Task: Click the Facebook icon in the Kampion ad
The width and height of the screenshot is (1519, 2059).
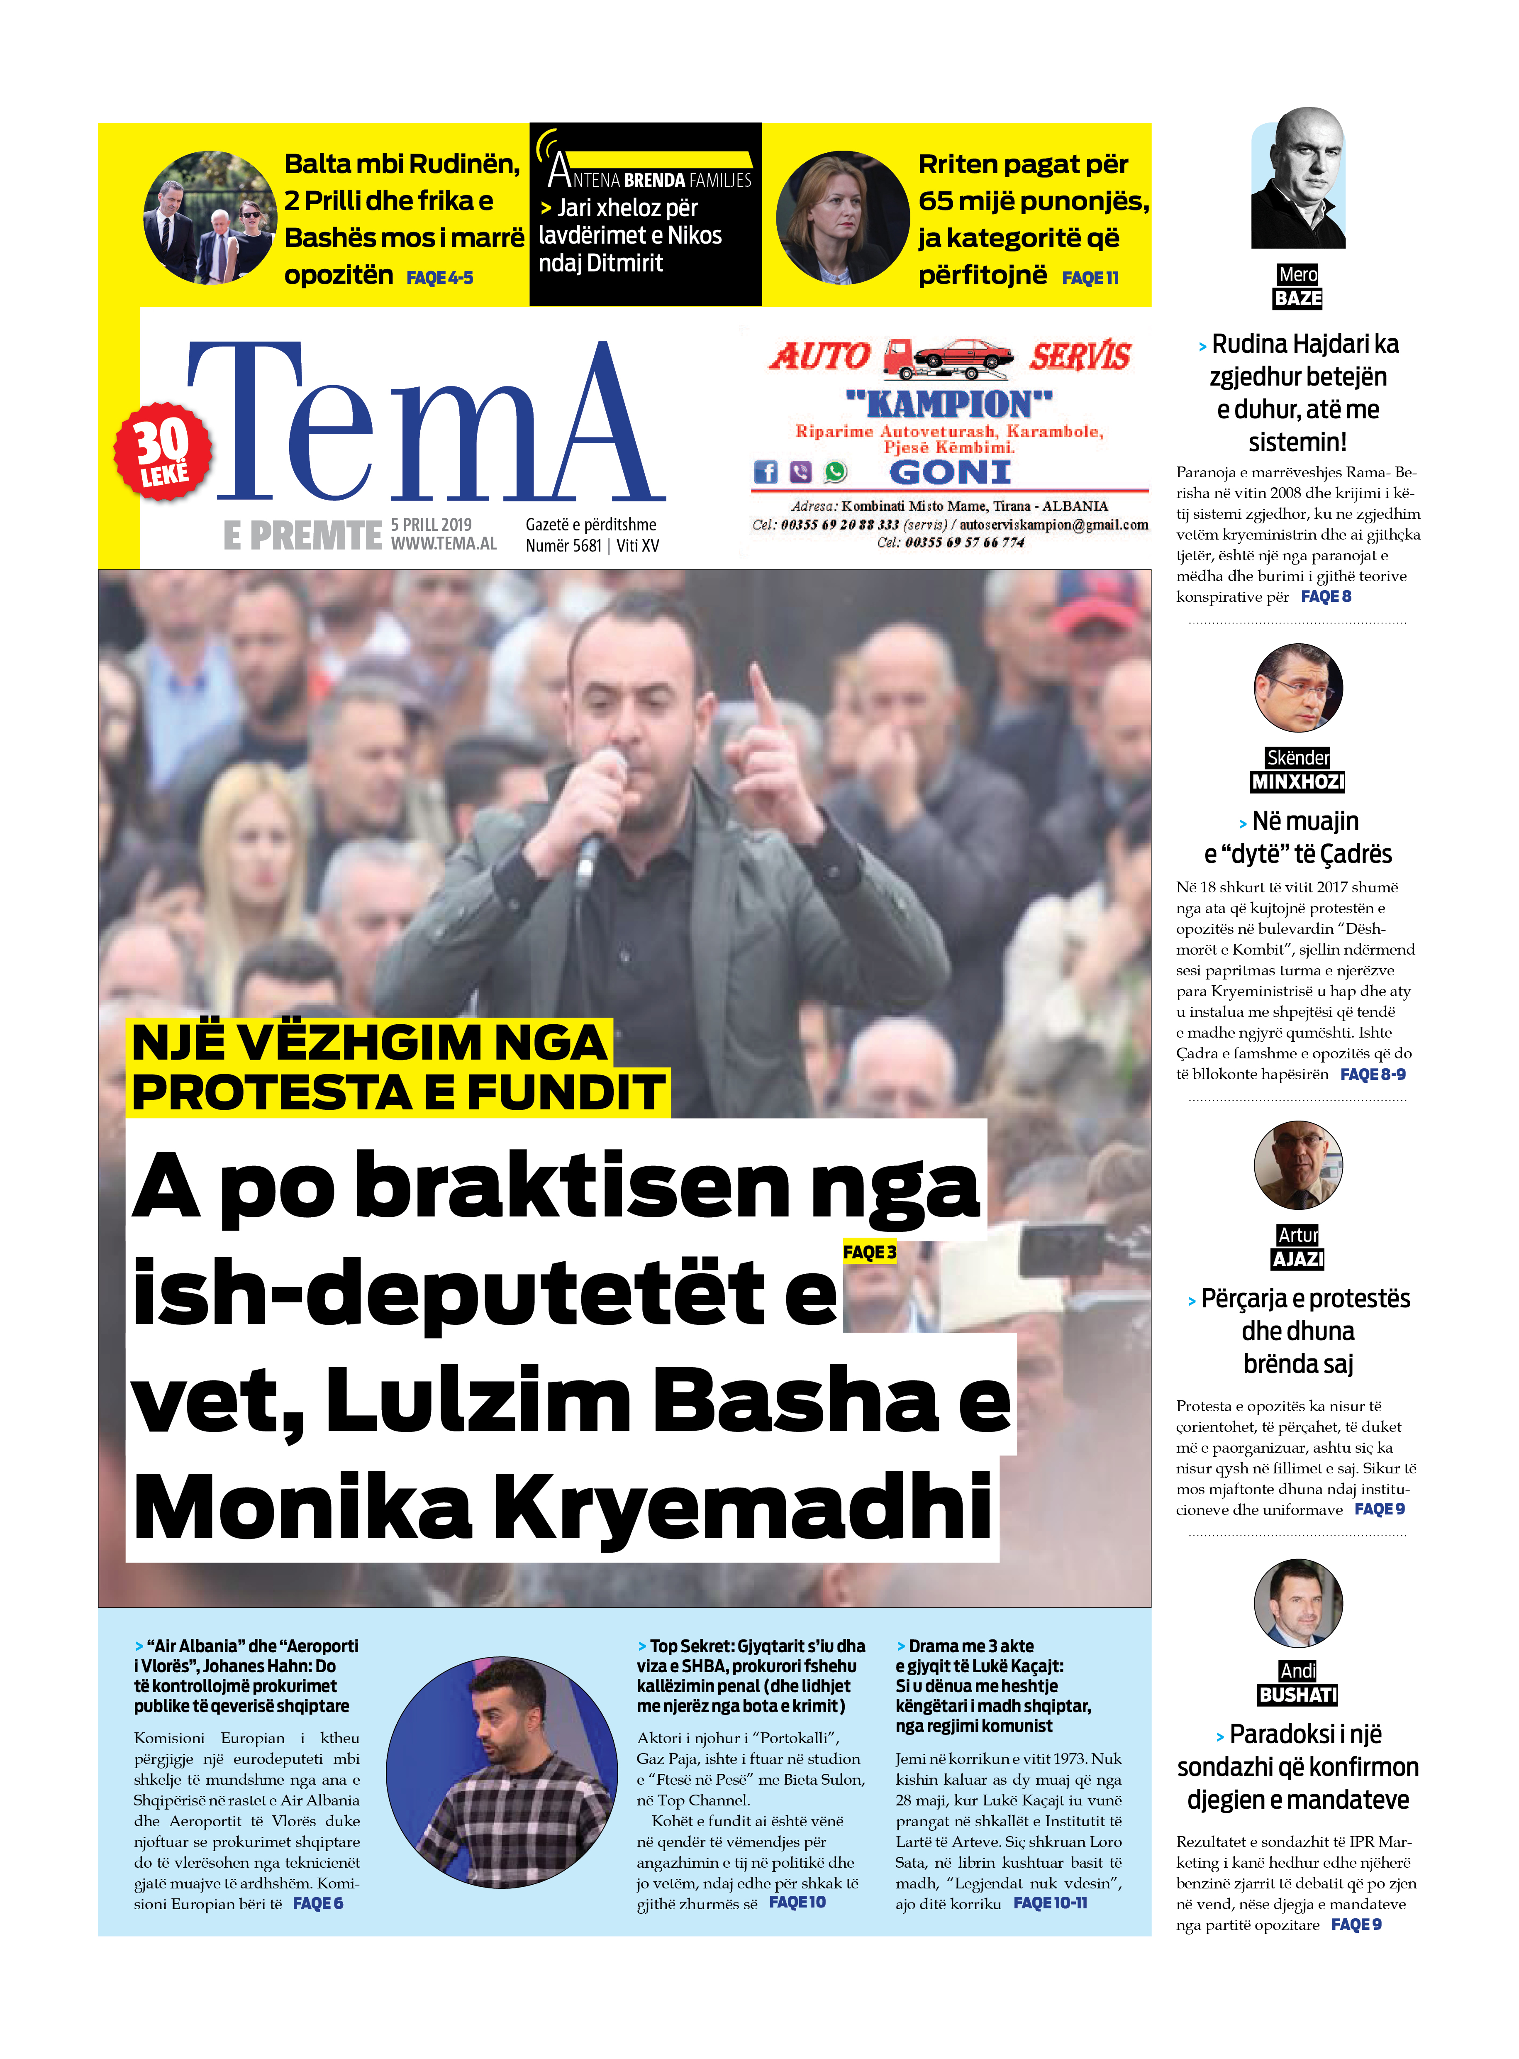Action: pos(765,472)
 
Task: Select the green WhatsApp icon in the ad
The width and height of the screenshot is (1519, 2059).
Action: pos(835,472)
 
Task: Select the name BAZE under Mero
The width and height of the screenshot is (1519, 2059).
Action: pos(1297,298)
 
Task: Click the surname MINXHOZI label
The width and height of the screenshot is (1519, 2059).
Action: pos(1297,782)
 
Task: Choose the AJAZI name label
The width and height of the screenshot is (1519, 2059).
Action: pos(1297,1259)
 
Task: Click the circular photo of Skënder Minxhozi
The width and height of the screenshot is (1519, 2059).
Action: pos(1297,688)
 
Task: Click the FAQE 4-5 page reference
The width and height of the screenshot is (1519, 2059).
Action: pos(439,278)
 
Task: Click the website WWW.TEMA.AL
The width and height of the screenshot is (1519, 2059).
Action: pos(443,543)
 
